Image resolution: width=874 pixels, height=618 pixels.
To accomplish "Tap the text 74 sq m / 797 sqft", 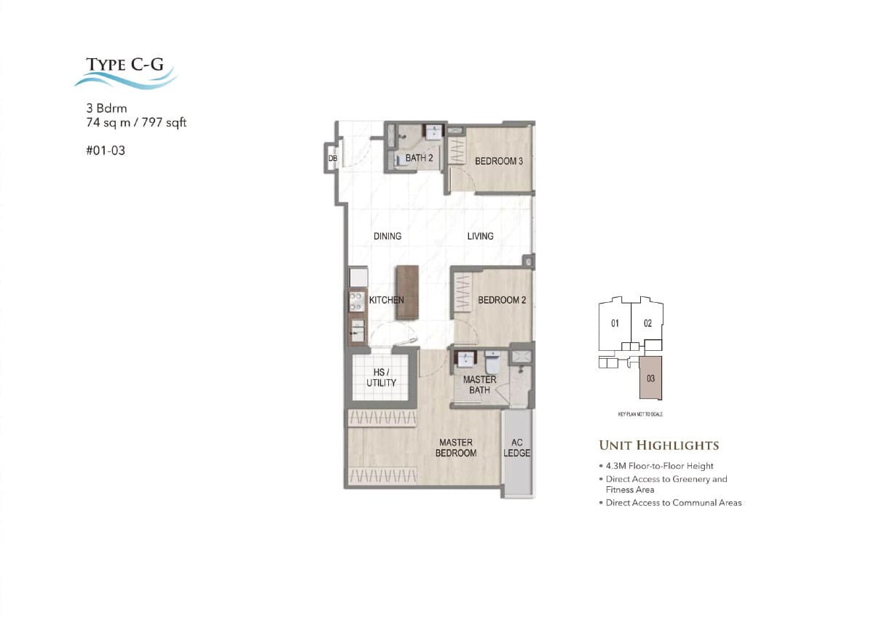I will coord(136,123).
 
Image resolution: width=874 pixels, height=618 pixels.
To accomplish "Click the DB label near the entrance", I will coord(332,158).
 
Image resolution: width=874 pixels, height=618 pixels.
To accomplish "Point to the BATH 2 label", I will coord(420,158).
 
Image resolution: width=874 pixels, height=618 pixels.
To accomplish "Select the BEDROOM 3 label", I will coord(499,161).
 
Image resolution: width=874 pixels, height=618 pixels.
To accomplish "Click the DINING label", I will coord(387,236).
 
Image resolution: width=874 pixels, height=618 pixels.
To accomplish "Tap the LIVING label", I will coord(480,236).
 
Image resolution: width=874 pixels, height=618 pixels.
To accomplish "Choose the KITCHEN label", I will coord(386,300).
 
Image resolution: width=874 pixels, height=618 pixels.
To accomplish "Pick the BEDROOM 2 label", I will coord(502,300).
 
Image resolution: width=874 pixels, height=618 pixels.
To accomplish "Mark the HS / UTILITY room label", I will coord(381,378).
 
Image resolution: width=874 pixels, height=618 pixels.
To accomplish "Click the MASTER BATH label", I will coord(479,385).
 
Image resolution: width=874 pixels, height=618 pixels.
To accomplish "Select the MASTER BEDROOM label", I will coord(456,448).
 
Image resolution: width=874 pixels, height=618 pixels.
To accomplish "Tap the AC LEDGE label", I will coord(517,448).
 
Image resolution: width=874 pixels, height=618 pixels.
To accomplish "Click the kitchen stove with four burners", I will coord(357,301).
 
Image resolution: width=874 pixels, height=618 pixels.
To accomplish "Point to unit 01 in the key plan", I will coord(615,323).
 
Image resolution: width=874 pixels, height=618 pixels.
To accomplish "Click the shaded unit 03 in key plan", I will coord(650,379).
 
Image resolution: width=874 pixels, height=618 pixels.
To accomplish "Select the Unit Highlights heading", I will coord(658,445).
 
